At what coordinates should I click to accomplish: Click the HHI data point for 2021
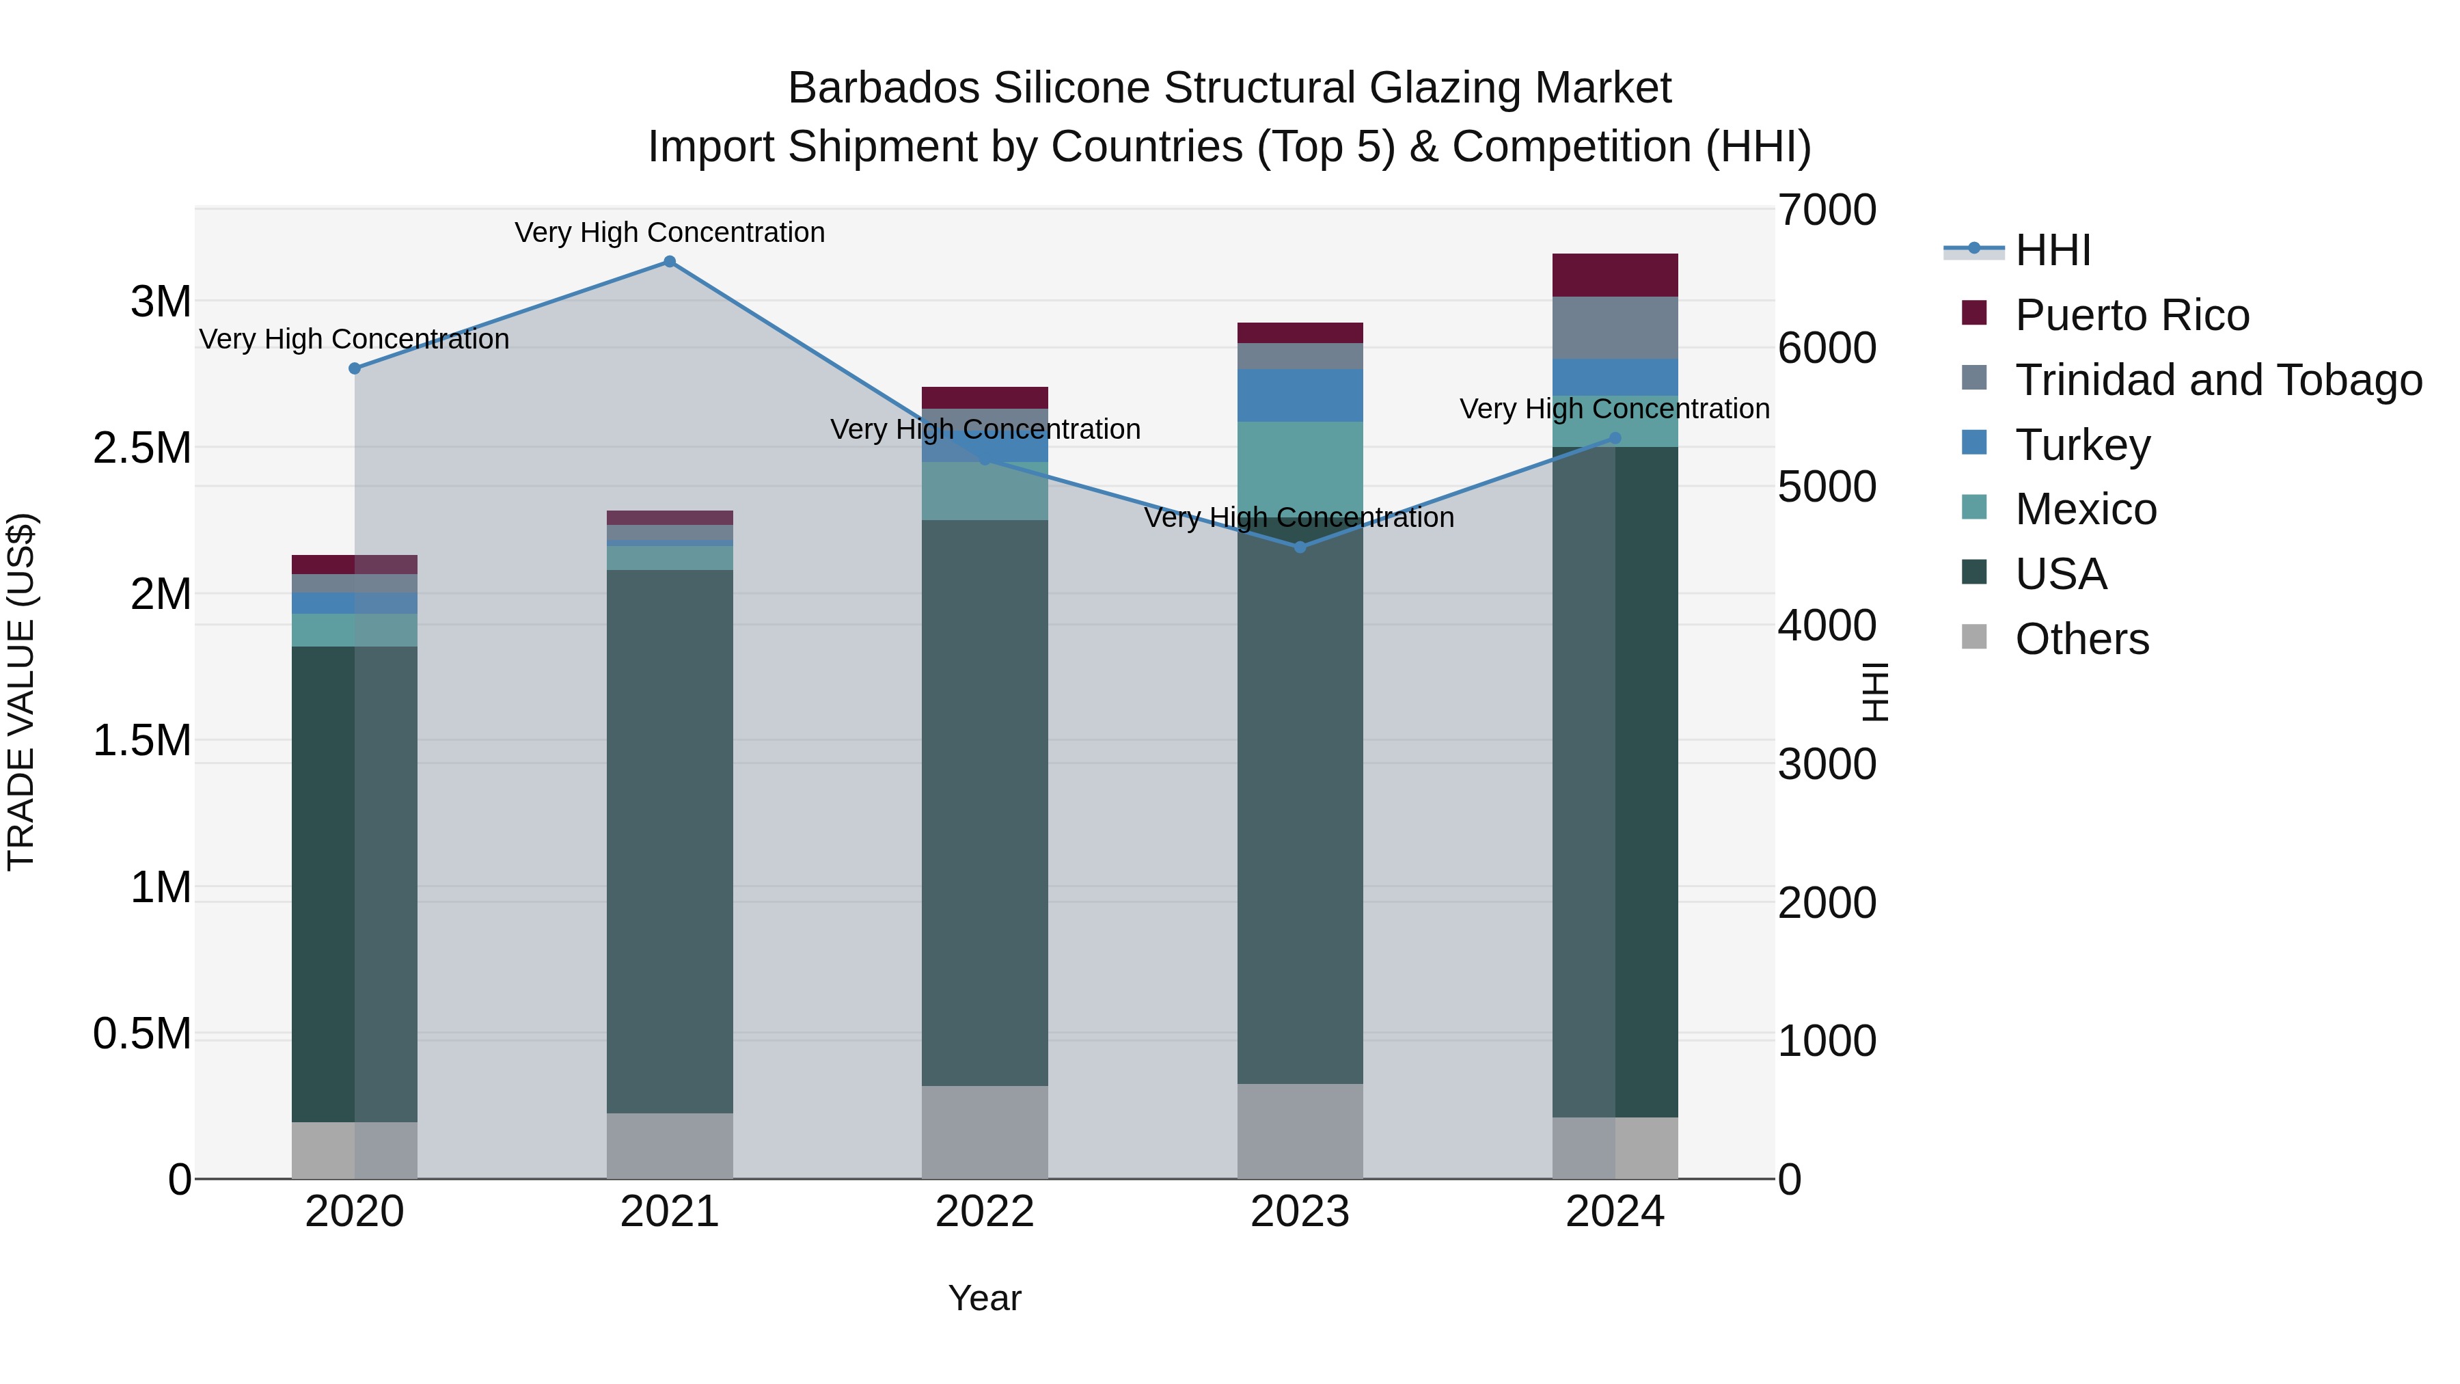[x=670, y=262]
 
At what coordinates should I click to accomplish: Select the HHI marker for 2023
[x=1300, y=547]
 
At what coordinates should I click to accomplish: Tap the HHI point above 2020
[x=354, y=368]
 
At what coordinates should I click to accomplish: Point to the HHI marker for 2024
[x=1615, y=438]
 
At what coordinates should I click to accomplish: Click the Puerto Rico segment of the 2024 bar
[x=1615, y=275]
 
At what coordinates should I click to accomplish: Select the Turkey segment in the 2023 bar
[x=1300, y=396]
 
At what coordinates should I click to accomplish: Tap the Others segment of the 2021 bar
[x=670, y=1145]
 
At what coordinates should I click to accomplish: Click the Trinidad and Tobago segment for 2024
[x=1615, y=327]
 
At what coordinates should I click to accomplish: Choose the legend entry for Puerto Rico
[x=2131, y=315]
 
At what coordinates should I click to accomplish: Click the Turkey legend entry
[x=2082, y=445]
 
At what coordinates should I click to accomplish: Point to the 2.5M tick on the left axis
[x=142, y=448]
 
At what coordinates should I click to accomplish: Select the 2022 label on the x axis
[x=985, y=1212]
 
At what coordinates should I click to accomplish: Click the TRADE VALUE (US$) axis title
[x=21, y=692]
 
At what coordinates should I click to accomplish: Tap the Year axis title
[x=985, y=1298]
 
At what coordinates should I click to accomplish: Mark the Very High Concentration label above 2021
[x=670, y=232]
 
